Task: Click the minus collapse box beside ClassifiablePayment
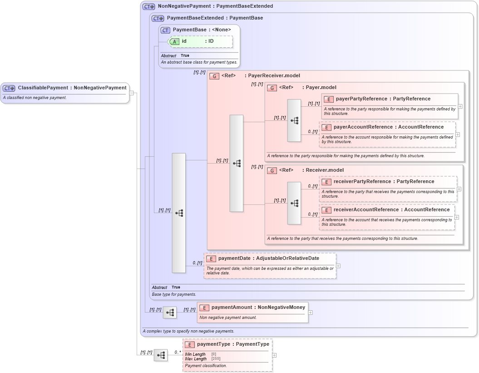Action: coord(131,93)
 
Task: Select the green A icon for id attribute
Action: coord(175,41)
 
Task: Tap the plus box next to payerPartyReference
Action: coord(460,106)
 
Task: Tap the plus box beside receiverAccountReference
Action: coord(457,217)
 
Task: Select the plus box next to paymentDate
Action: coord(338,266)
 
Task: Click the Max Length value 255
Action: coord(216,359)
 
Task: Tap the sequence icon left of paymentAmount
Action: coord(169,313)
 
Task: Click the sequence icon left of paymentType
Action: coord(160,355)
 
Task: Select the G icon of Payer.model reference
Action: coord(272,88)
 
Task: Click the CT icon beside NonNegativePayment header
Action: coord(148,7)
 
